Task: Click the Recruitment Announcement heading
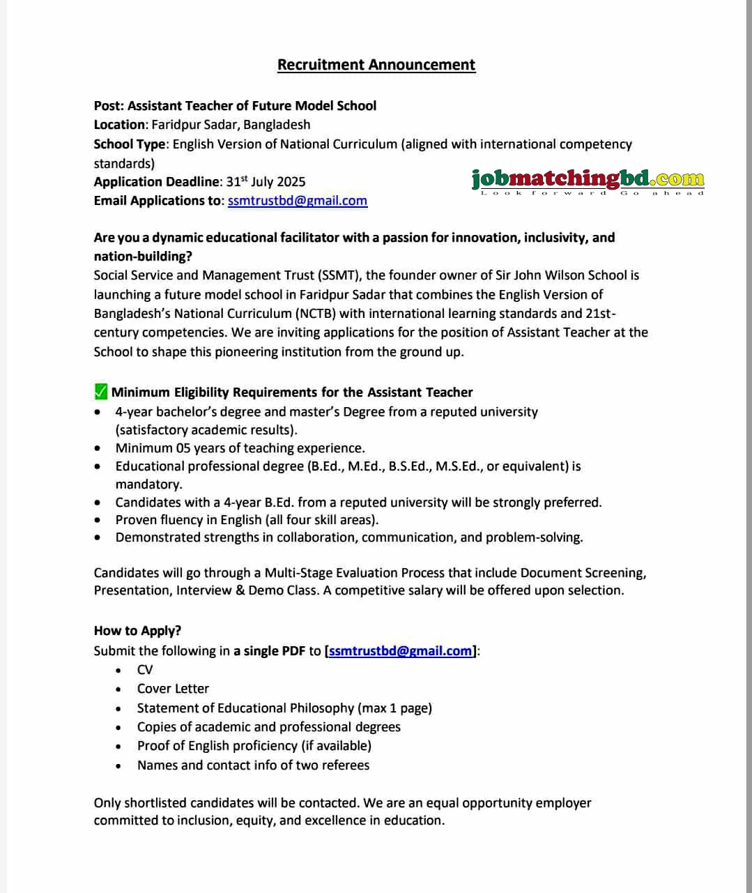376,65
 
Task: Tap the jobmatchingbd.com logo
588,181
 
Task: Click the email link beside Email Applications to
297,201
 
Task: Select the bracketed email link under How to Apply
400,651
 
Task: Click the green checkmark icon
101,392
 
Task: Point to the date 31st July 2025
266,182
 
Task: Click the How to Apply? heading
137,631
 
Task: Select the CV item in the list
145,670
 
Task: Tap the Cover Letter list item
173,689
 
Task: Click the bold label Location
119,125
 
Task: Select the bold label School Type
130,144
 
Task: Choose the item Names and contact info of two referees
253,765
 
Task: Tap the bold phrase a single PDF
269,651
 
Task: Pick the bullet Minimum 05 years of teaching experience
240,448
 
